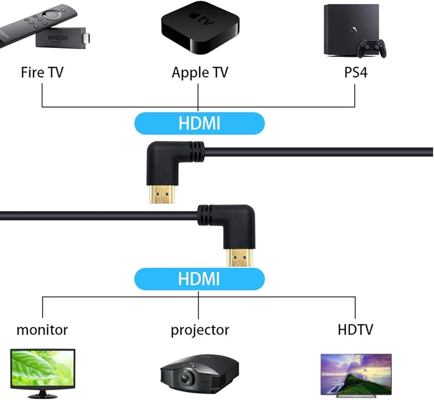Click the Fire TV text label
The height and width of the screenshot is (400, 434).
pyautogui.click(x=42, y=72)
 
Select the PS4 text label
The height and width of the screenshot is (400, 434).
pyautogui.click(x=356, y=72)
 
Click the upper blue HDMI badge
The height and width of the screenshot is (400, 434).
pyautogui.click(x=199, y=123)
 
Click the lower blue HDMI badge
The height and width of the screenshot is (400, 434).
pyautogui.click(x=199, y=279)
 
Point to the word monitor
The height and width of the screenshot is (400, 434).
pyautogui.click(x=42, y=330)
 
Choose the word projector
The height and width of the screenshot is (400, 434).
pyautogui.click(x=200, y=330)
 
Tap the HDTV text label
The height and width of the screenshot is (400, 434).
pyautogui.click(x=355, y=330)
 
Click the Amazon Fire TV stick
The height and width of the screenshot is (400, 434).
pyautogui.click(x=62, y=38)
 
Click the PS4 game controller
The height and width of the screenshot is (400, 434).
pyautogui.click(x=372, y=48)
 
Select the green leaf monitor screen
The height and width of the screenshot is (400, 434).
pyautogui.click(x=43, y=368)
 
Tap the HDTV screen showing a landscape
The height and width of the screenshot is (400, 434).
pyautogui.click(x=356, y=374)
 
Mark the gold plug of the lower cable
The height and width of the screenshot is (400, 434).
pyautogui.click(x=240, y=257)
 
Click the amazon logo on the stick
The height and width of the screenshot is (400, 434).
pyautogui.click(x=58, y=38)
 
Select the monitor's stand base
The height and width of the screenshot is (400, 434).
pyautogui.click(x=43, y=395)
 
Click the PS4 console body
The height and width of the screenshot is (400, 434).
pyautogui.click(x=352, y=30)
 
